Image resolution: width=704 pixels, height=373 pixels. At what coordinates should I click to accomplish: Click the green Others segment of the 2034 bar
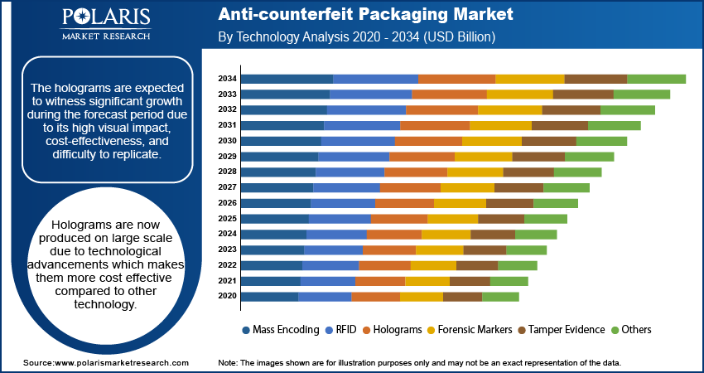pyautogui.click(x=656, y=79)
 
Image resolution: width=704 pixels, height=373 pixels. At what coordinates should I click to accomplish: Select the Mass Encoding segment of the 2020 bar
pyautogui.click(x=270, y=296)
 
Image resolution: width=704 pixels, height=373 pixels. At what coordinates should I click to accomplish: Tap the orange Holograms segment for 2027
pyautogui.click(x=410, y=187)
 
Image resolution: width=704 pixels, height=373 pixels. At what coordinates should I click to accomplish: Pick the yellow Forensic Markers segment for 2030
pyautogui.click(x=492, y=141)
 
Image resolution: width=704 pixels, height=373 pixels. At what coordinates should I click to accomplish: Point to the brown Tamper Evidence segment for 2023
pyautogui.click(x=485, y=249)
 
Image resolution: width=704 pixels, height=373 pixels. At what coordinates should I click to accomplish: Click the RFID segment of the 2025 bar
pyautogui.click(x=340, y=219)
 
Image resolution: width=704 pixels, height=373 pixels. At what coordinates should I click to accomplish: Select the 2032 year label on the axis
pyautogui.click(x=228, y=109)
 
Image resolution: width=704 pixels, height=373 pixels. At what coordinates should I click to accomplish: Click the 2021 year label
pyautogui.click(x=228, y=281)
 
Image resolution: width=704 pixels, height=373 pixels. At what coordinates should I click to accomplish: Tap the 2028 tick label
pyautogui.click(x=228, y=172)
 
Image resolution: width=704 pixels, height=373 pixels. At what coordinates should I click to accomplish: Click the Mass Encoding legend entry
pyautogui.click(x=279, y=330)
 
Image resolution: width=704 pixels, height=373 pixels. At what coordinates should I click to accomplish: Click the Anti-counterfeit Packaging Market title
pyautogui.click(x=365, y=15)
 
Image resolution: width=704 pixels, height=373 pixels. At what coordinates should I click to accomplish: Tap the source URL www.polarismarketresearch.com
pyautogui.click(x=121, y=363)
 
